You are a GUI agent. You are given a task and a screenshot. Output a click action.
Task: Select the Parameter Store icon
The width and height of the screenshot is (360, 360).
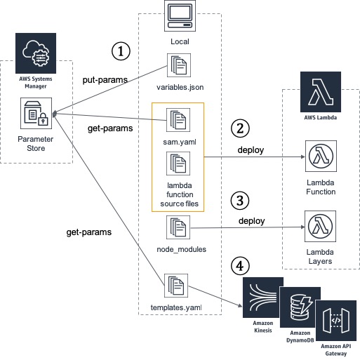tap(34, 110)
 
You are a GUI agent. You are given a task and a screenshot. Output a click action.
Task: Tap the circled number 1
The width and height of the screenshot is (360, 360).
tap(121, 51)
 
